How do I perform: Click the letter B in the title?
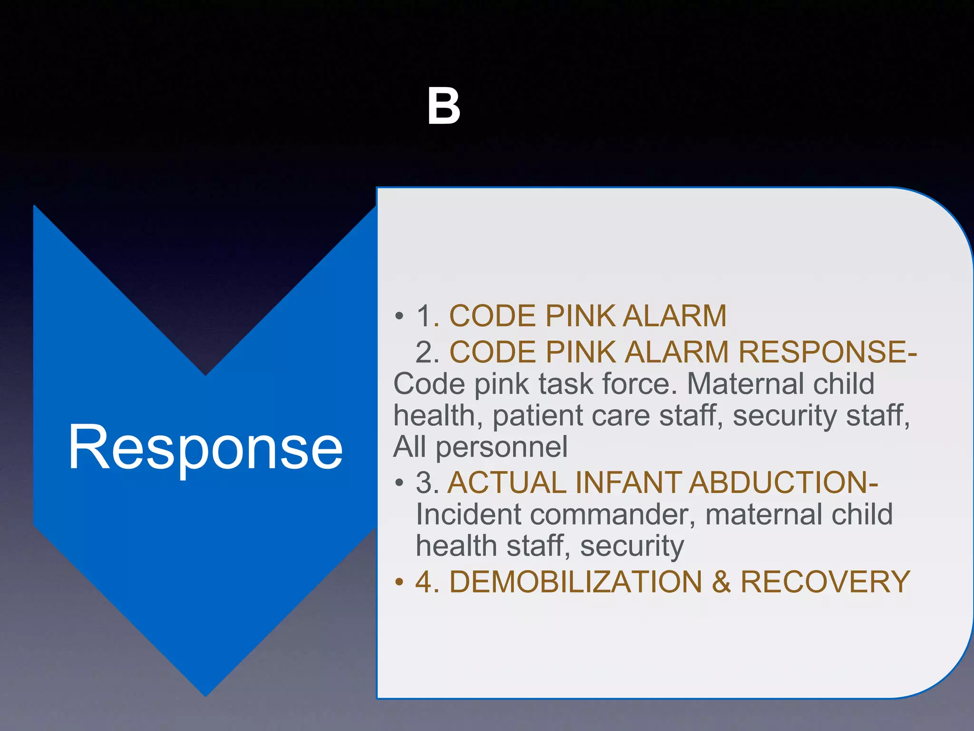443,107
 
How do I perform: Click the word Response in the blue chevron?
205,448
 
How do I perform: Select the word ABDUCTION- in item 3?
783,482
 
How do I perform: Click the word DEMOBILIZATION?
575,582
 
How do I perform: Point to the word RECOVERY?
825,582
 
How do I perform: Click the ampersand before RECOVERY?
721,582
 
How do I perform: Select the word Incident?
468,514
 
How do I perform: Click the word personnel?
502,447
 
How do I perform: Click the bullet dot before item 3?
399,483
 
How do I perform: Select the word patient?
537,415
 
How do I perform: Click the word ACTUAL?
507,482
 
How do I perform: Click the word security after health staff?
632,546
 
